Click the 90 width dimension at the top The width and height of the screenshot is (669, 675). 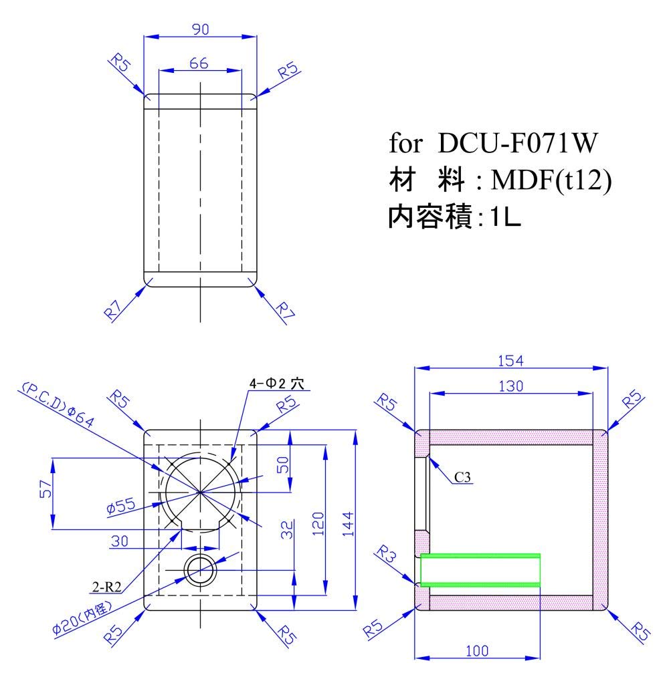(201, 29)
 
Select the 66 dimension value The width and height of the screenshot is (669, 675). (199, 63)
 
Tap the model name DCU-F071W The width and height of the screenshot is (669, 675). (518, 143)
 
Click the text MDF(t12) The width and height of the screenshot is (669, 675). (551, 180)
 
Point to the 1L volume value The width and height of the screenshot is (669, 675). (506, 217)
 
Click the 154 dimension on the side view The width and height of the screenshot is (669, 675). (510, 360)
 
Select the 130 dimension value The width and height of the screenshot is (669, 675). (511, 386)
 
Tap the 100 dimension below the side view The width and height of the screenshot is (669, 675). (477, 650)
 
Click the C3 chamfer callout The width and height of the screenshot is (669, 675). (462, 477)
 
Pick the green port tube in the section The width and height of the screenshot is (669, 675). (480, 570)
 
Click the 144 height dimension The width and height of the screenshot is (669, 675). (348, 524)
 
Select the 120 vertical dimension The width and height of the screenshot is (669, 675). (318, 523)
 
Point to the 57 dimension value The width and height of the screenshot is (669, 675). (45, 489)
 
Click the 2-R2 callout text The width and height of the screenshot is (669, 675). (107, 586)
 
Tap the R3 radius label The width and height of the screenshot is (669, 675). (386, 554)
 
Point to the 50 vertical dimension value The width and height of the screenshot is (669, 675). (283, 465)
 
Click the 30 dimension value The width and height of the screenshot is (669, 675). (120, 541)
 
